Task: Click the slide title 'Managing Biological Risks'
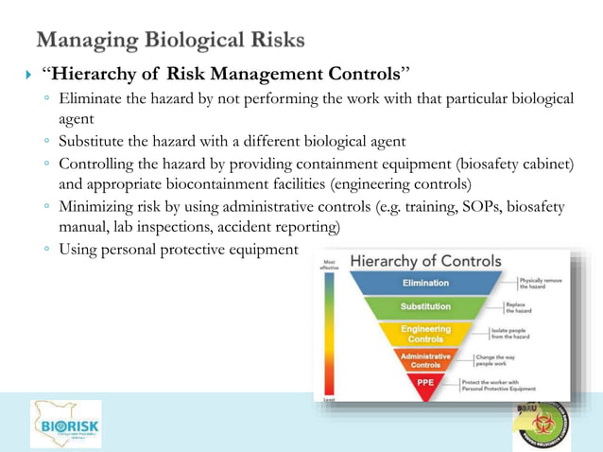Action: pyautogui.click(x=170, y=40)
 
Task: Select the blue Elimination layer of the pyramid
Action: pyautogui.click(x=425, y=283)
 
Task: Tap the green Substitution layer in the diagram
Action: pyautogui.click(x=425, y=307)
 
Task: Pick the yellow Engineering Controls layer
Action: pyautogui.click(x=425, y=334)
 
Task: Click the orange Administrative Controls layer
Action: pyautogui.click(x=425, y=360)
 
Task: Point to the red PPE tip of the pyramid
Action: pyautogui.click(x=425, y=382)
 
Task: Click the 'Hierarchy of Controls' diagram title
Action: pyautogui.click(x=425, y=260)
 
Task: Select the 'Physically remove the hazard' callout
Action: pyautogui.click(x=543, y=283)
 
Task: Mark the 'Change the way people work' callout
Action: pyautogui.click(x=502, y=360)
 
